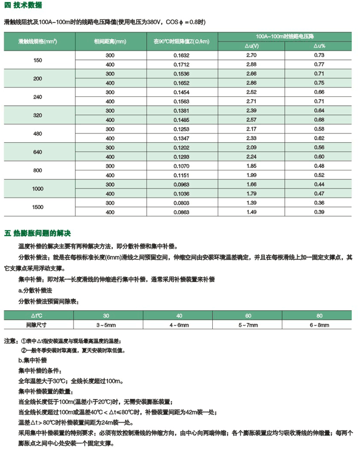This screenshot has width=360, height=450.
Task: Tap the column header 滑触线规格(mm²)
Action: pos(38,40)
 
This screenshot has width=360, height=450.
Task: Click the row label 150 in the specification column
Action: pos(38,60)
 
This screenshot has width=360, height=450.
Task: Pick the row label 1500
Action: pos(38,207)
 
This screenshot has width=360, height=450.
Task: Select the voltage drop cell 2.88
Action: pos(251,65)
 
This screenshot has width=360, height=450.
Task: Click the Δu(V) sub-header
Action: pos(251,46)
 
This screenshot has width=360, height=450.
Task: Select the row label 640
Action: pos(38,152)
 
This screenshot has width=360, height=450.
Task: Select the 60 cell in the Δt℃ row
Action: pos(248,314)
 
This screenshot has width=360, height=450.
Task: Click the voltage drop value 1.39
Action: pos(251,203)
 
